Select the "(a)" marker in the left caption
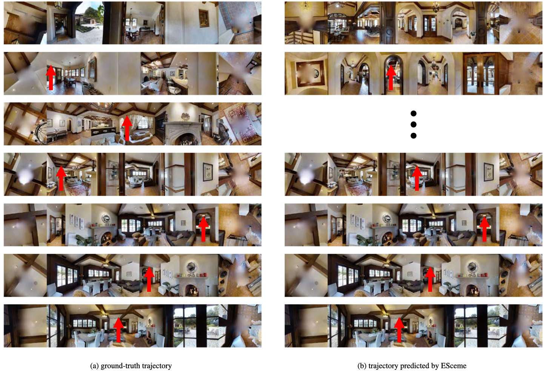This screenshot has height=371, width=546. click(94, 366)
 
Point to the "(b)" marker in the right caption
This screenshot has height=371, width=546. click(362, 366)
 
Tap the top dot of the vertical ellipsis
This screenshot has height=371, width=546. click(414, 113)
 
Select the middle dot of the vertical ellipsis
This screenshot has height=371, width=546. click(414, 124)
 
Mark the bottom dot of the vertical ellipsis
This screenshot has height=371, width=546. click(414, 136)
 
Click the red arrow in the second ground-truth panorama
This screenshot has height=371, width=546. click(51, 77)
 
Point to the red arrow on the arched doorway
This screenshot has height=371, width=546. click(391, 77)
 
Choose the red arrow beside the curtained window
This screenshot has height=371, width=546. click(127, 128)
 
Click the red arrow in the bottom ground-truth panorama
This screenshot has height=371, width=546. click(118, 330)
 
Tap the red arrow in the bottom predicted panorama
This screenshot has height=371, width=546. click(399, 330)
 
